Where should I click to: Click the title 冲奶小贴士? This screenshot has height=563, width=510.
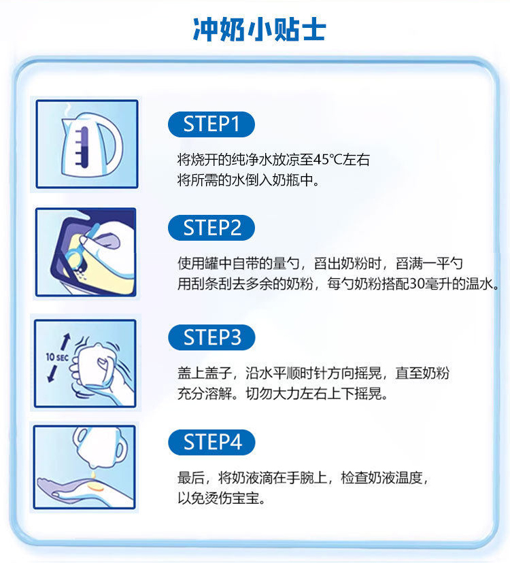point(260,29)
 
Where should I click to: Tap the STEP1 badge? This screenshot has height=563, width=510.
point(211,124)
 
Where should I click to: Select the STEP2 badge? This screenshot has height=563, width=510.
point(211,228)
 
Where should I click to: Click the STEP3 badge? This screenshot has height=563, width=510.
point(211,337)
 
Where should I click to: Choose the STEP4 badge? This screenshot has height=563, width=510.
point(211,442)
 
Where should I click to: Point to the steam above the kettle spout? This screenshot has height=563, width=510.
point(67,109)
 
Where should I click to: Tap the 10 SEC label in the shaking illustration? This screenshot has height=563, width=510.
point(57,357)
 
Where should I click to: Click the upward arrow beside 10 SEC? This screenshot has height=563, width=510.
point(65,342)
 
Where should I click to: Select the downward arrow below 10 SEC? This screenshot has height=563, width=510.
point(52,373)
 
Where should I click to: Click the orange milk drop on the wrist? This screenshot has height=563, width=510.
point(95,488)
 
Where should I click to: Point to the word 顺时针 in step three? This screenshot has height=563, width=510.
point(307,373)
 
